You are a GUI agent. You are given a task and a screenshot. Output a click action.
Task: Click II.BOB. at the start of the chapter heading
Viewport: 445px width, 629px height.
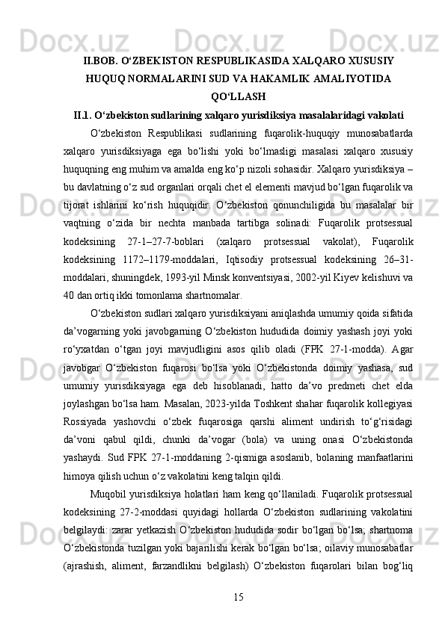tap(103, 59)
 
